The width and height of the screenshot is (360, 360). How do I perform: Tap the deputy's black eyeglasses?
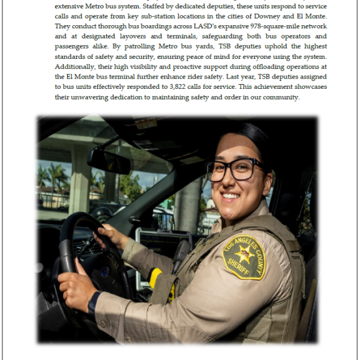(x=236, y=170)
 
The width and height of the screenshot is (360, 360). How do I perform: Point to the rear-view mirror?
(x=109, y=161)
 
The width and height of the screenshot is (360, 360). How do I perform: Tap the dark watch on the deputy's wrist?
(x=94, y=304)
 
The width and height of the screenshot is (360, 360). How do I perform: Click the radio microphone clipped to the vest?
(x=181, y=255)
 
